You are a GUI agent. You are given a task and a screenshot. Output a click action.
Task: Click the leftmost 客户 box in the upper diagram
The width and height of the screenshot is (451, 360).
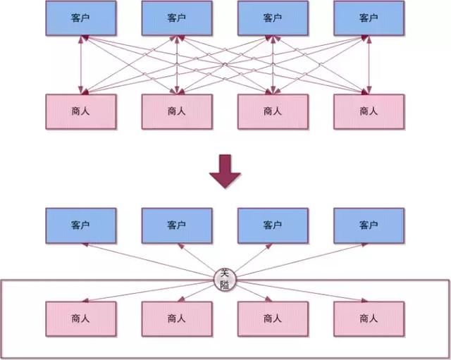[81, 18]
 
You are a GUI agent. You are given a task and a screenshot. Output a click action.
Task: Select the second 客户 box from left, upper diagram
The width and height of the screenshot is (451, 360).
[177, 18]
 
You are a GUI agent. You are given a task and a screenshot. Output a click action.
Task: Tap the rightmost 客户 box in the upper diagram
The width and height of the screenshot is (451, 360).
[369, 18]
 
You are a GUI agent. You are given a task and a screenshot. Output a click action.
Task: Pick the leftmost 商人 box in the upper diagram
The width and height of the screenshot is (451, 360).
[81, 111]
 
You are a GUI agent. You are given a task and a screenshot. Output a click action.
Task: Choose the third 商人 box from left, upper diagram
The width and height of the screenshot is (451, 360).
[273, 111]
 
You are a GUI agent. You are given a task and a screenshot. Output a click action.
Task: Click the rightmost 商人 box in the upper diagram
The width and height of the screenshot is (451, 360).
[369, 111]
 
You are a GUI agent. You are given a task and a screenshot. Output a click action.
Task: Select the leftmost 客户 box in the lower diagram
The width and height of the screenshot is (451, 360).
[81, 225]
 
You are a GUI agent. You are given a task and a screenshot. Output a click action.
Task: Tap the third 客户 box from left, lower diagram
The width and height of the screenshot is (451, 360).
[273, 225]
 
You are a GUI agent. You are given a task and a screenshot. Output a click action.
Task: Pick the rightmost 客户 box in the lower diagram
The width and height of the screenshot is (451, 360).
[369, 225]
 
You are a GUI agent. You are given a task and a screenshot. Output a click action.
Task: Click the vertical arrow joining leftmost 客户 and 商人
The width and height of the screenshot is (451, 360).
[82, 65]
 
